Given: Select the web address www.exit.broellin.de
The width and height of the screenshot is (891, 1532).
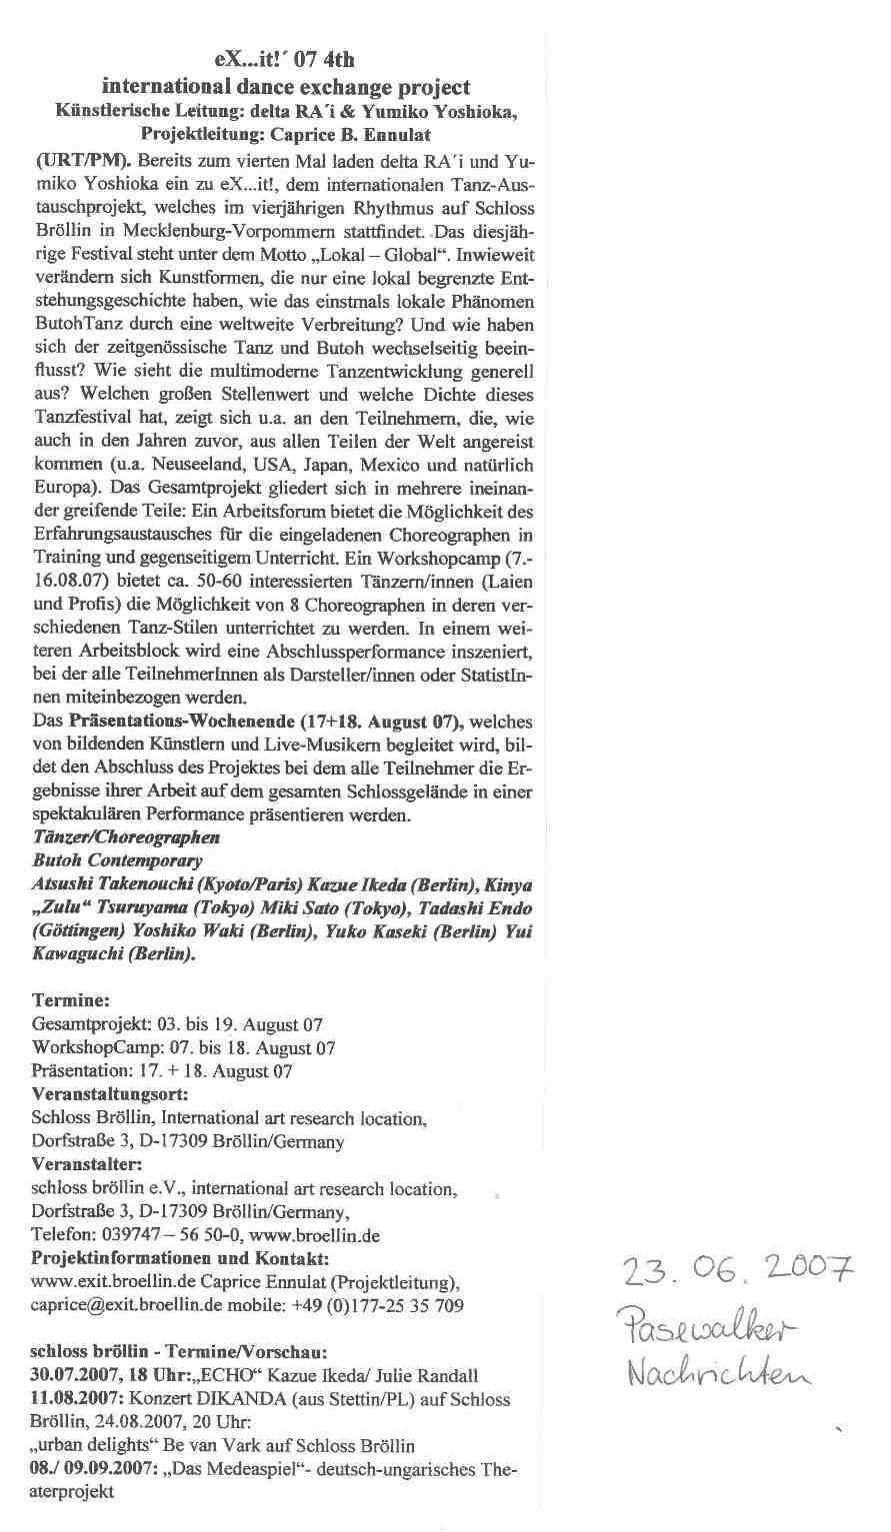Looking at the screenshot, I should [x=109, y=1281].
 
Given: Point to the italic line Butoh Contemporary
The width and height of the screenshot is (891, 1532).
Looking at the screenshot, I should [x=118, y=860].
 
